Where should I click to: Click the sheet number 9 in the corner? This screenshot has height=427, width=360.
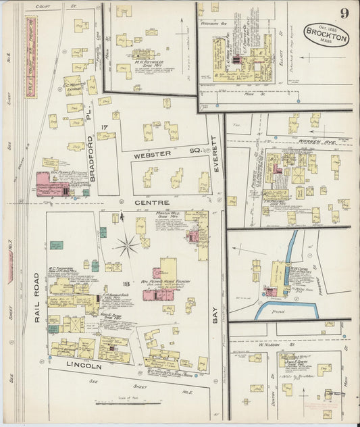coord(345,11)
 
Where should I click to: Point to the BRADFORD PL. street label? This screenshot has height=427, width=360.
coord(93,160)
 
